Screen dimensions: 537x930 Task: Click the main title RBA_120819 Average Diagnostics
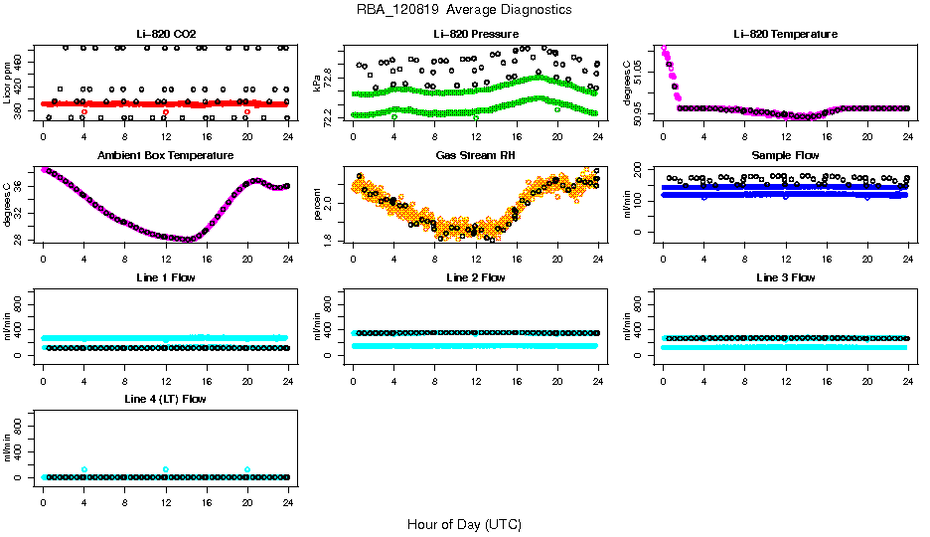[x=464, y=10]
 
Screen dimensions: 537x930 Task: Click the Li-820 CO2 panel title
[x=165, y=34]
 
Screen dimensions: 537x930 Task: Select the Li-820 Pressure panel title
[x=475, y=34]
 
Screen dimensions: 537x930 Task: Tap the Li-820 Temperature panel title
[x=785, y=34]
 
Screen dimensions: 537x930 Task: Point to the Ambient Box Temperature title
[x=165, y=156]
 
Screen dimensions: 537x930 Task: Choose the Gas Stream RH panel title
[x=475, y=156]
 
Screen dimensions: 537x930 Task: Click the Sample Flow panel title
[x=785, y=156]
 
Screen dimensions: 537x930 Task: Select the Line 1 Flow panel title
[x=165, y=277]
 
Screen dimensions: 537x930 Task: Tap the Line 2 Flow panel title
[x=475, y=277]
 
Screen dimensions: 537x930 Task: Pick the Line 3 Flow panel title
[x=785, y=277]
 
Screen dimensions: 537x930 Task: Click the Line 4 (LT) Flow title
[x=165, y=399]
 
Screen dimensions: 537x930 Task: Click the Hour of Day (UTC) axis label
[x=464, y=524]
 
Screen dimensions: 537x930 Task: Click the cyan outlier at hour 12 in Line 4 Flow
[x=166, y=469]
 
